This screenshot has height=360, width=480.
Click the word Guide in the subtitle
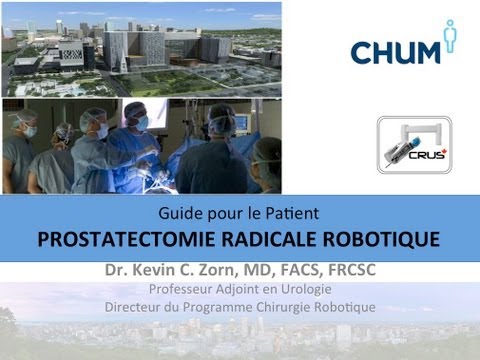point(177,213)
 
